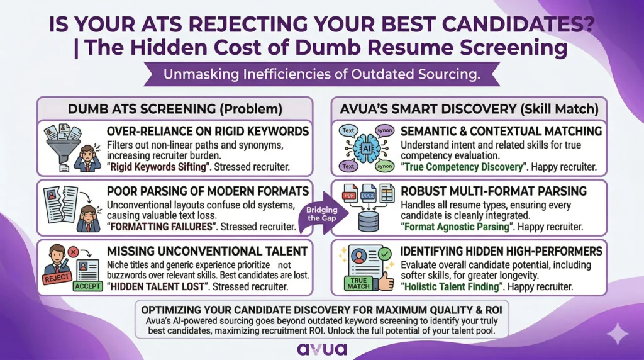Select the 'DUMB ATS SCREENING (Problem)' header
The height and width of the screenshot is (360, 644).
tap(175, 108)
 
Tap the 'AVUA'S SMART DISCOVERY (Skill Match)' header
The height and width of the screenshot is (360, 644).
tap(469, 108)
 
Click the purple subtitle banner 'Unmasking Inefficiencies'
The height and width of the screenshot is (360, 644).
tap(321, 74)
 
